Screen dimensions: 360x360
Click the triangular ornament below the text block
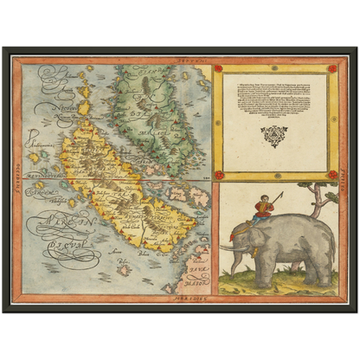(x=274, y=137)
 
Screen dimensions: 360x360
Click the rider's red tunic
(x=264, y=209)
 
